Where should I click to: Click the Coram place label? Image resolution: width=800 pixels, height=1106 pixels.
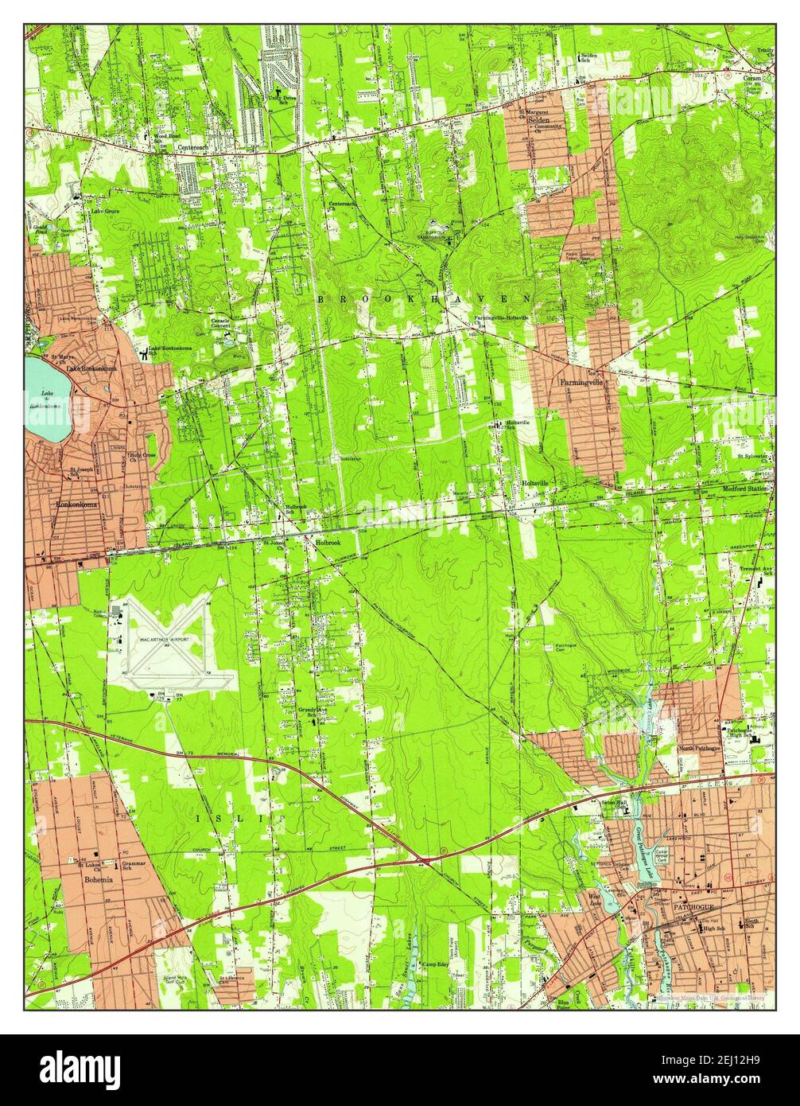pos(752,79)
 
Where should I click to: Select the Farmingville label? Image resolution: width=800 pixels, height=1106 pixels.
pos(578,383)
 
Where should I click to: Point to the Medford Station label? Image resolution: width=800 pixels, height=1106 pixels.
pos(746,489)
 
